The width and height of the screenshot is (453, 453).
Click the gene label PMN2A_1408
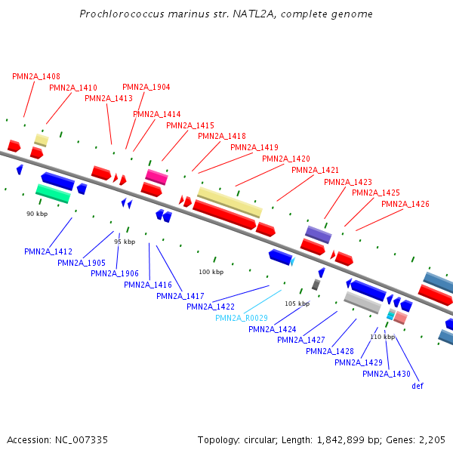click(36, 76)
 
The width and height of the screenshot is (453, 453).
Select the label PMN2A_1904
click(146, 87)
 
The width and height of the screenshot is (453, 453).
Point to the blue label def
click(418, 386)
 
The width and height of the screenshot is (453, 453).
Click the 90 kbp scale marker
click(37, 214)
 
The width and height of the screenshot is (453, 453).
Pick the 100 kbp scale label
click(211, 272)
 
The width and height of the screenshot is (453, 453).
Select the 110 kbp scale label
click(383, 337)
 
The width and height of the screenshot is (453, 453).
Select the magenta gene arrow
click(156, 177)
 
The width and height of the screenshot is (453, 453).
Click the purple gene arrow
click(318, 233)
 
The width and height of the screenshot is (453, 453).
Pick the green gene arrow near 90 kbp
click(53, 193)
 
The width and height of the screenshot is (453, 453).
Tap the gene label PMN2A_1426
click(405, 204)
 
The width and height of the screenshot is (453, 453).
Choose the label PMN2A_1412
click(48, 251)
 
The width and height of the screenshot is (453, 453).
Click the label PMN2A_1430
click(387, 374)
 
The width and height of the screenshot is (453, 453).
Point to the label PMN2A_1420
click(286, 159)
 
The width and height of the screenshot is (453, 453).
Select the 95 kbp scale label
click(125, 242)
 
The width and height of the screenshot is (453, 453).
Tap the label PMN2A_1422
click(211, 307)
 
